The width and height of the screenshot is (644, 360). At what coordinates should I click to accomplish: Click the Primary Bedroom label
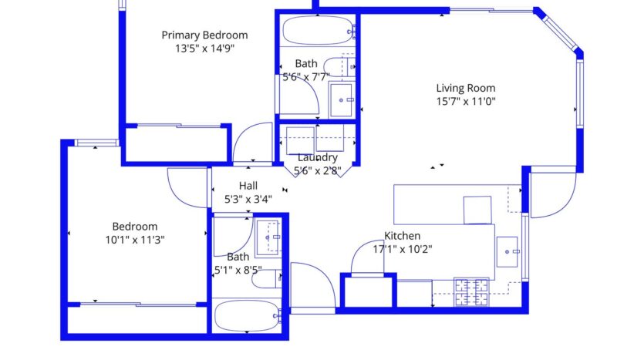[204, 35]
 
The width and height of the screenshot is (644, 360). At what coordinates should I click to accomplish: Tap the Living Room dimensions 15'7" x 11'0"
[466, 101]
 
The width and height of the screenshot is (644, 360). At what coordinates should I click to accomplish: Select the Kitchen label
[403, 236]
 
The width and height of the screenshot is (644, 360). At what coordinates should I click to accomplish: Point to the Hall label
[248, 185]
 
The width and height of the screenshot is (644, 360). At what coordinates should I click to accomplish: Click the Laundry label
[318, 157]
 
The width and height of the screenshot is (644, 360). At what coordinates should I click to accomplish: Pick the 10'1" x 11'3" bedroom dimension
[135, 240]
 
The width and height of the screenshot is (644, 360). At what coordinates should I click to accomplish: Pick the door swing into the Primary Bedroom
[252, 143]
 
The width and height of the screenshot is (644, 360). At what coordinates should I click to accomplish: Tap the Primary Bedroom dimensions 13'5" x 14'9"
[204, 48]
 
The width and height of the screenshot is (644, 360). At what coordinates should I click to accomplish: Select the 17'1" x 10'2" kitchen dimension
[403, 249]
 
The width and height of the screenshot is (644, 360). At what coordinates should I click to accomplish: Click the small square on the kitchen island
[477, 209]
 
